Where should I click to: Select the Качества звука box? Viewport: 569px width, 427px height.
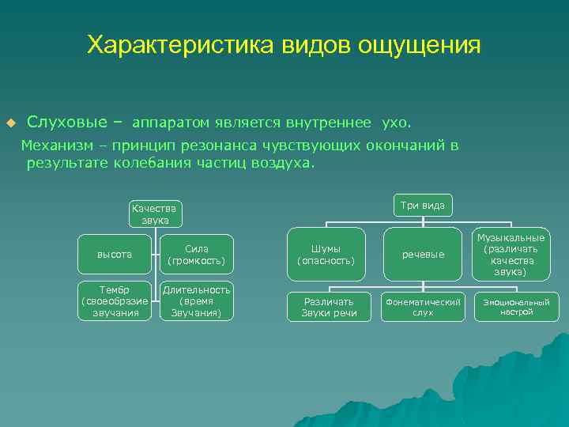156,213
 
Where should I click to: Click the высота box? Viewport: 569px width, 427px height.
115,255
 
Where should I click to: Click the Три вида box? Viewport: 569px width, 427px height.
423,206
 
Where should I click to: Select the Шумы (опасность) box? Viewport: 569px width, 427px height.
326,255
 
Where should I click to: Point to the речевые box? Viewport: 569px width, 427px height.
423,255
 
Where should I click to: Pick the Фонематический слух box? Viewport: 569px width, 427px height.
423,307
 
